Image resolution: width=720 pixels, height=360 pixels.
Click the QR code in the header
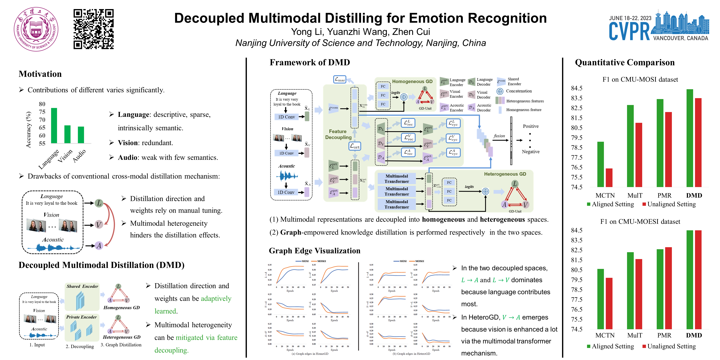93,29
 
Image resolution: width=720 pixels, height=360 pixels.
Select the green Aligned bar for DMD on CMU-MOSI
690,138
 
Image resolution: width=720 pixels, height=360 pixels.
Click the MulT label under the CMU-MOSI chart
635,195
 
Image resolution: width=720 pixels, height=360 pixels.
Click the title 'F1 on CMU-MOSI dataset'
640,79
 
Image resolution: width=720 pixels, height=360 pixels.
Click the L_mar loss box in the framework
340,79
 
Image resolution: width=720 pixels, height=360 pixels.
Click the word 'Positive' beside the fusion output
530,126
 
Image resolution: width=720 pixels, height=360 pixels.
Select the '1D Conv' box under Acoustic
286,192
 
